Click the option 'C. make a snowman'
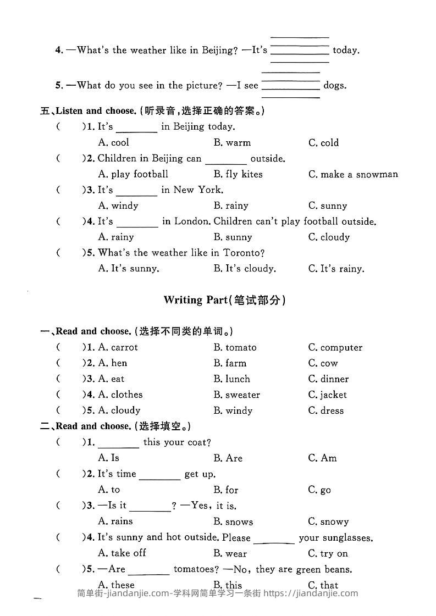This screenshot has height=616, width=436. (353, 174)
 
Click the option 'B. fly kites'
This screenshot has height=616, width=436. (238, 174)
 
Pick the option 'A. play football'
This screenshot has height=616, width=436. (133, 174)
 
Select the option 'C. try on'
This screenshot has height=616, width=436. (328, 553)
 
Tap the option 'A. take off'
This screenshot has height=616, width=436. (122, 553)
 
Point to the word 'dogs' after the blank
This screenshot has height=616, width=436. (335, 85)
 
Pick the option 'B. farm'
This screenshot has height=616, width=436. (230, 363)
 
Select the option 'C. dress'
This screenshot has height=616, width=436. (325, 410)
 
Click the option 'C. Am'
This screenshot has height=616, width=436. (322, 458)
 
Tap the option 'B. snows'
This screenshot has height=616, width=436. (233, 522)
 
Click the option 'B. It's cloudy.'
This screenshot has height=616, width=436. (245, 269)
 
